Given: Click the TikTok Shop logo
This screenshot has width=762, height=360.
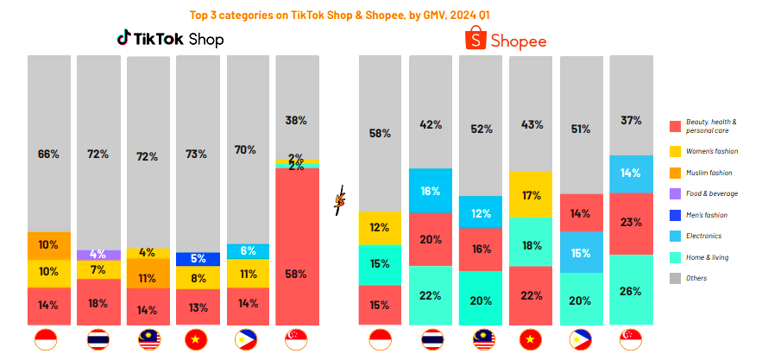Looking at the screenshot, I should (170, 39).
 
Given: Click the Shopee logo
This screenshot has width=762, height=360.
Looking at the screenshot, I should (507, 40).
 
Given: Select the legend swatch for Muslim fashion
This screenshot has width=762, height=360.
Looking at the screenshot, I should (676, 173).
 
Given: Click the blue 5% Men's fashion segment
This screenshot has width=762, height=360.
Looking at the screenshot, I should (198, 258).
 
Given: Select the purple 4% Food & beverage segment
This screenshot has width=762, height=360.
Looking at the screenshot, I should (98, 255).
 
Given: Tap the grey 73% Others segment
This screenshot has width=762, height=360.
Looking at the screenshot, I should (198, 154).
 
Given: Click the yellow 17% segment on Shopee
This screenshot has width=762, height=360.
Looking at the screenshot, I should (531, 195).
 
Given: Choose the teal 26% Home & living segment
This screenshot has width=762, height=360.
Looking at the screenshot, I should (631, 290).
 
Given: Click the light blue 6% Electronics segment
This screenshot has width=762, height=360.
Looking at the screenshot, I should (248, 251).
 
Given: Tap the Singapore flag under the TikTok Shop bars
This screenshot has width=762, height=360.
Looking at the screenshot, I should (297, 340).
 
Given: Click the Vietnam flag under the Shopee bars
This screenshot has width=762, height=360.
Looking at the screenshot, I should (531, 340).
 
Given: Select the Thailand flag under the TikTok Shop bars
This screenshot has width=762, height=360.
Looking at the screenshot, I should (98, 340).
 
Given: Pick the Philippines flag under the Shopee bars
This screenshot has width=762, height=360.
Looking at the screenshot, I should (581, 340).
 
